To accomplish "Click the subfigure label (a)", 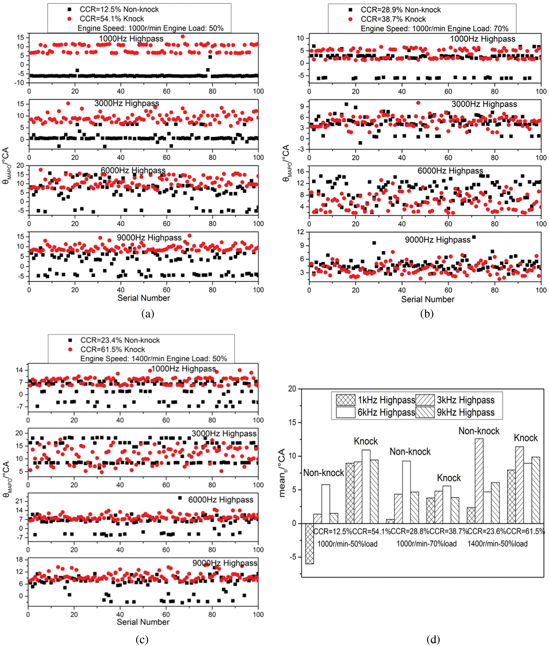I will (148, 313).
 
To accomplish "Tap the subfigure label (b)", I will (427, 314).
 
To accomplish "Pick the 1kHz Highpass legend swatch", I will (346, 400).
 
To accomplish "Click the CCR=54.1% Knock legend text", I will (112, 19).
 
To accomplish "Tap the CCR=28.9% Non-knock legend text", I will (400, 10).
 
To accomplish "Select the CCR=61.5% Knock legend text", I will (113, 350).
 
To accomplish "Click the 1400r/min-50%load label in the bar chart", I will (497, 544).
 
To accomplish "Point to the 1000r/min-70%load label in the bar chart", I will (426, 544).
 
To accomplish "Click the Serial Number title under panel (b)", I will (428, 299).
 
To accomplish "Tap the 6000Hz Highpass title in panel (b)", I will (450, 171).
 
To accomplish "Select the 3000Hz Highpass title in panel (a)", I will (127, 103).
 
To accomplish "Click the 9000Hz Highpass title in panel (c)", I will (225, 563).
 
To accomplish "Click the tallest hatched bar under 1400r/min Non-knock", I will (479, 481).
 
